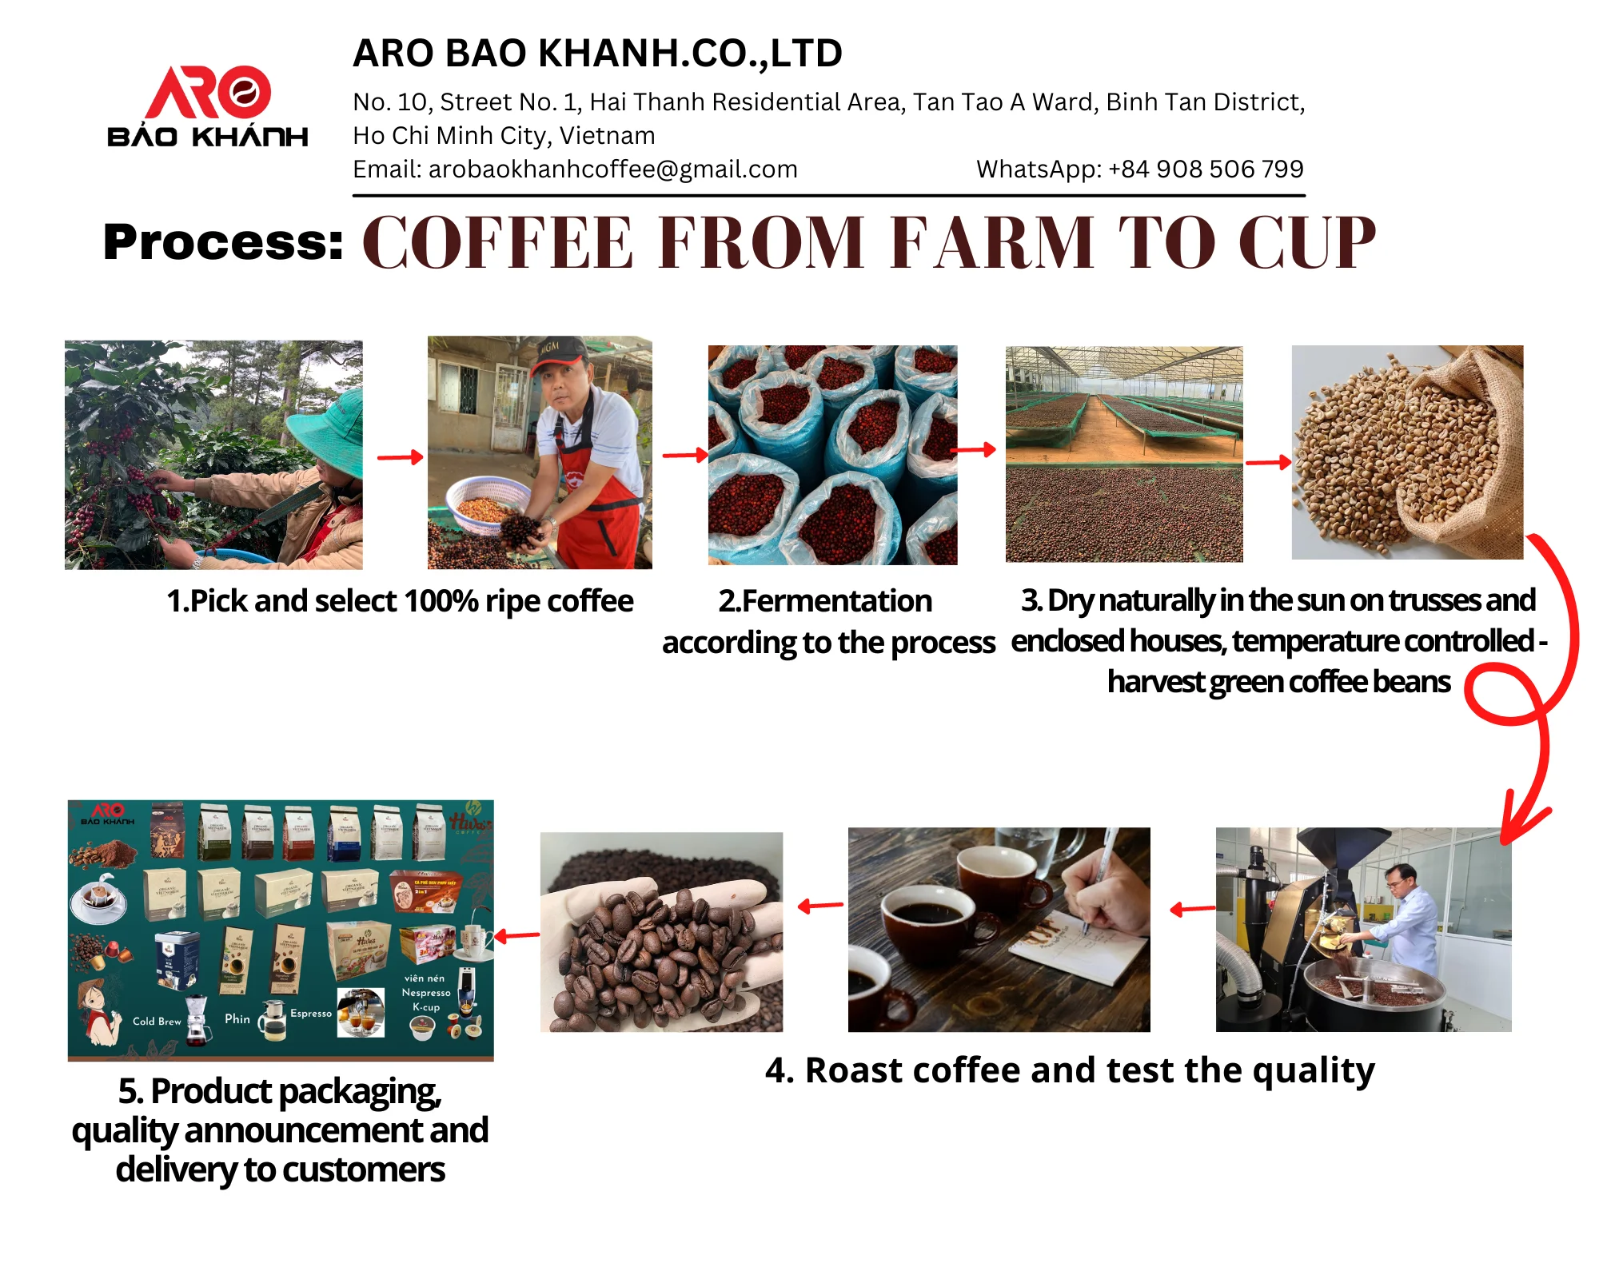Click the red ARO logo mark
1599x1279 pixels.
point(208,92)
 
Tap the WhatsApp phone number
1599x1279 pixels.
point(1206,169)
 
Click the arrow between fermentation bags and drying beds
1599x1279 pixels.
point(974,451)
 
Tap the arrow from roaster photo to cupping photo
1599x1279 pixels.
point(1191,909)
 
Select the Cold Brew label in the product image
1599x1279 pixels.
point(157,1021)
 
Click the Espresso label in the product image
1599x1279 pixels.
point(311,1013)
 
